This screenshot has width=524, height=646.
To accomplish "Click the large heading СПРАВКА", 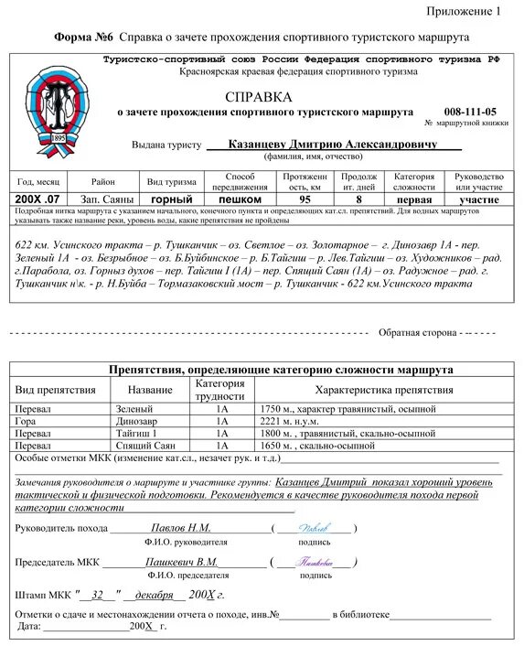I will tap(259, 96).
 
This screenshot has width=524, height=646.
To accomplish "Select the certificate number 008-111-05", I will tap(470, 111).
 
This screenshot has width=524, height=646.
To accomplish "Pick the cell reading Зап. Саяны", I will tap(107, 199).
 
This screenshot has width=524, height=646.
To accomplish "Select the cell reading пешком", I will tap(241, 199).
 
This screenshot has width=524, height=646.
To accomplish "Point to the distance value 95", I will tap(305, 199).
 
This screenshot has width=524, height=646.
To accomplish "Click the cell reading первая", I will tap(414, 199).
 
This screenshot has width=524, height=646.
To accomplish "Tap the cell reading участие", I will tap(479, 199).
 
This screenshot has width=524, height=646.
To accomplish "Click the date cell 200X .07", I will tap(38, 199).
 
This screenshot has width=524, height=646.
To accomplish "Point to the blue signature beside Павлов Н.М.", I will tap(316, 528).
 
